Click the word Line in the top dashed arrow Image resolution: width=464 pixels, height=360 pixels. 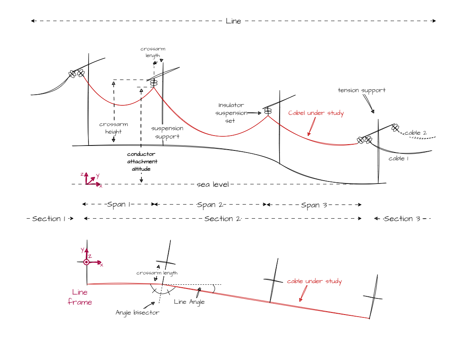pyautogui.click(x=234, y=21)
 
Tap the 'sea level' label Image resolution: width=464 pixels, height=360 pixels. pyautogui.click(x=213, y=185)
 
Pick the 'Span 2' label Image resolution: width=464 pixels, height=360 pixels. pyautogui.click(x=210, y=205)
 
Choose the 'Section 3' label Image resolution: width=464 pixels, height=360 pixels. pyautogui.click(x=402, y=219)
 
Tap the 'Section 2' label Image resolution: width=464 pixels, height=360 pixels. pyautogui.click(x=222, y=219)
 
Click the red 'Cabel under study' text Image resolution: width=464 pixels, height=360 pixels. pyautogui.click(x=316, y=113)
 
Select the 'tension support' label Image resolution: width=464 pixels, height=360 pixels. pyautogui.click(x=361, y=90)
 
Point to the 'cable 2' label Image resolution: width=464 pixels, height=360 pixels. pyautogui.click(x=416, y=133)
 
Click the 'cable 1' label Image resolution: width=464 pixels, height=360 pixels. pyautogui.click(x=398, y=159)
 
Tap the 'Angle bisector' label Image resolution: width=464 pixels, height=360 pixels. pyautogui.click(x=137, y=312)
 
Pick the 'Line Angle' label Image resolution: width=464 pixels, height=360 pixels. pyautogui.click(x=189, y=302)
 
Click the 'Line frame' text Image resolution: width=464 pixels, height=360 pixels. pyautogui.click(x=80, y=297)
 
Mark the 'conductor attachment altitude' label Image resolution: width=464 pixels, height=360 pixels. pyautogui.click(x=142, y=162)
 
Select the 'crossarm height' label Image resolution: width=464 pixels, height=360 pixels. pyautogui.click(x=114, y=128)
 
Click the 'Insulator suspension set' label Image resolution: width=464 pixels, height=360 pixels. pyautogui.click(x=231, y=113)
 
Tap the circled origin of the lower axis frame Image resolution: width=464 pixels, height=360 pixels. pyautogui.click(x=86, y=262)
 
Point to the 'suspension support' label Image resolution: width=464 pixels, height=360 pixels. pyautogui.click(x=167, y=132)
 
